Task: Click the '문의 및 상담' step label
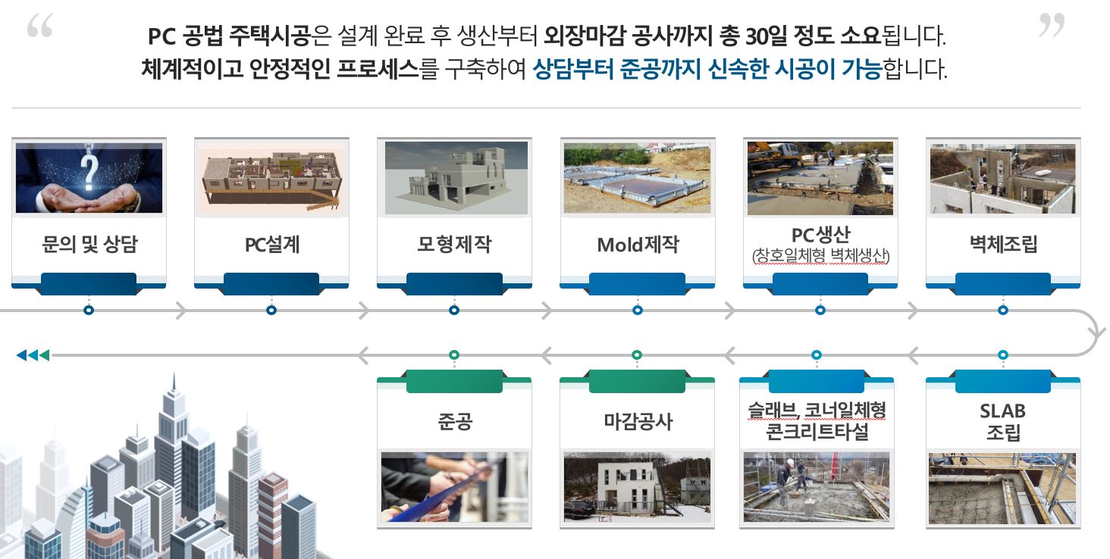(x=89, y=245)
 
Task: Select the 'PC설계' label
(x=272, y=245)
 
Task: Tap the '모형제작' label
(x=454, y=244)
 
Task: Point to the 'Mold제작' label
(x=638, y=245)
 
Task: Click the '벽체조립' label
(x=1003, y=244)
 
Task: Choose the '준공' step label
(x=455, y=421)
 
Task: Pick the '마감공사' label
(x=638, y=421)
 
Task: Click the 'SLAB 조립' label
(x=1003, y=422)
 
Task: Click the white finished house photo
(x=637, y=487)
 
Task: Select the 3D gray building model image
(x=456, y=178)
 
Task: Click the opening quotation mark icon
(x=40, y=26)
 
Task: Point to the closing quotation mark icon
(x=1052, y=26)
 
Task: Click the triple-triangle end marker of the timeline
(x=33, y=355)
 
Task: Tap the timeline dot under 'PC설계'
(x=271, y=311)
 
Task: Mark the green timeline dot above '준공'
(x=454, y=355)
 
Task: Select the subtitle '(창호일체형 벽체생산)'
(x=820, y=256)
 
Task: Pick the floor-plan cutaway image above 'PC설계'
(x=271, y=180)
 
